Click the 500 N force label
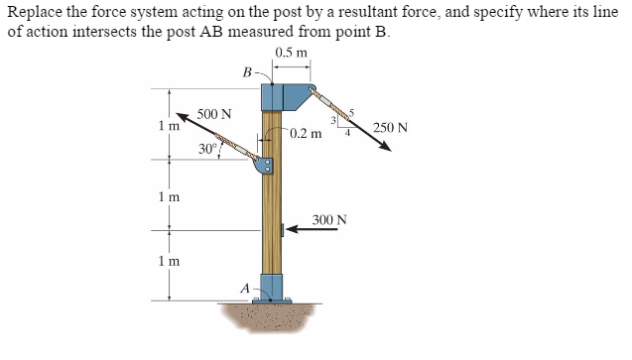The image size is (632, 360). tap(214, 114)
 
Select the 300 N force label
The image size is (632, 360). tap(329, 218)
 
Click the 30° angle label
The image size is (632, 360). tap(208, 150)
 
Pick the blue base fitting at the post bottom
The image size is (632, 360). tap(271, 288)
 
